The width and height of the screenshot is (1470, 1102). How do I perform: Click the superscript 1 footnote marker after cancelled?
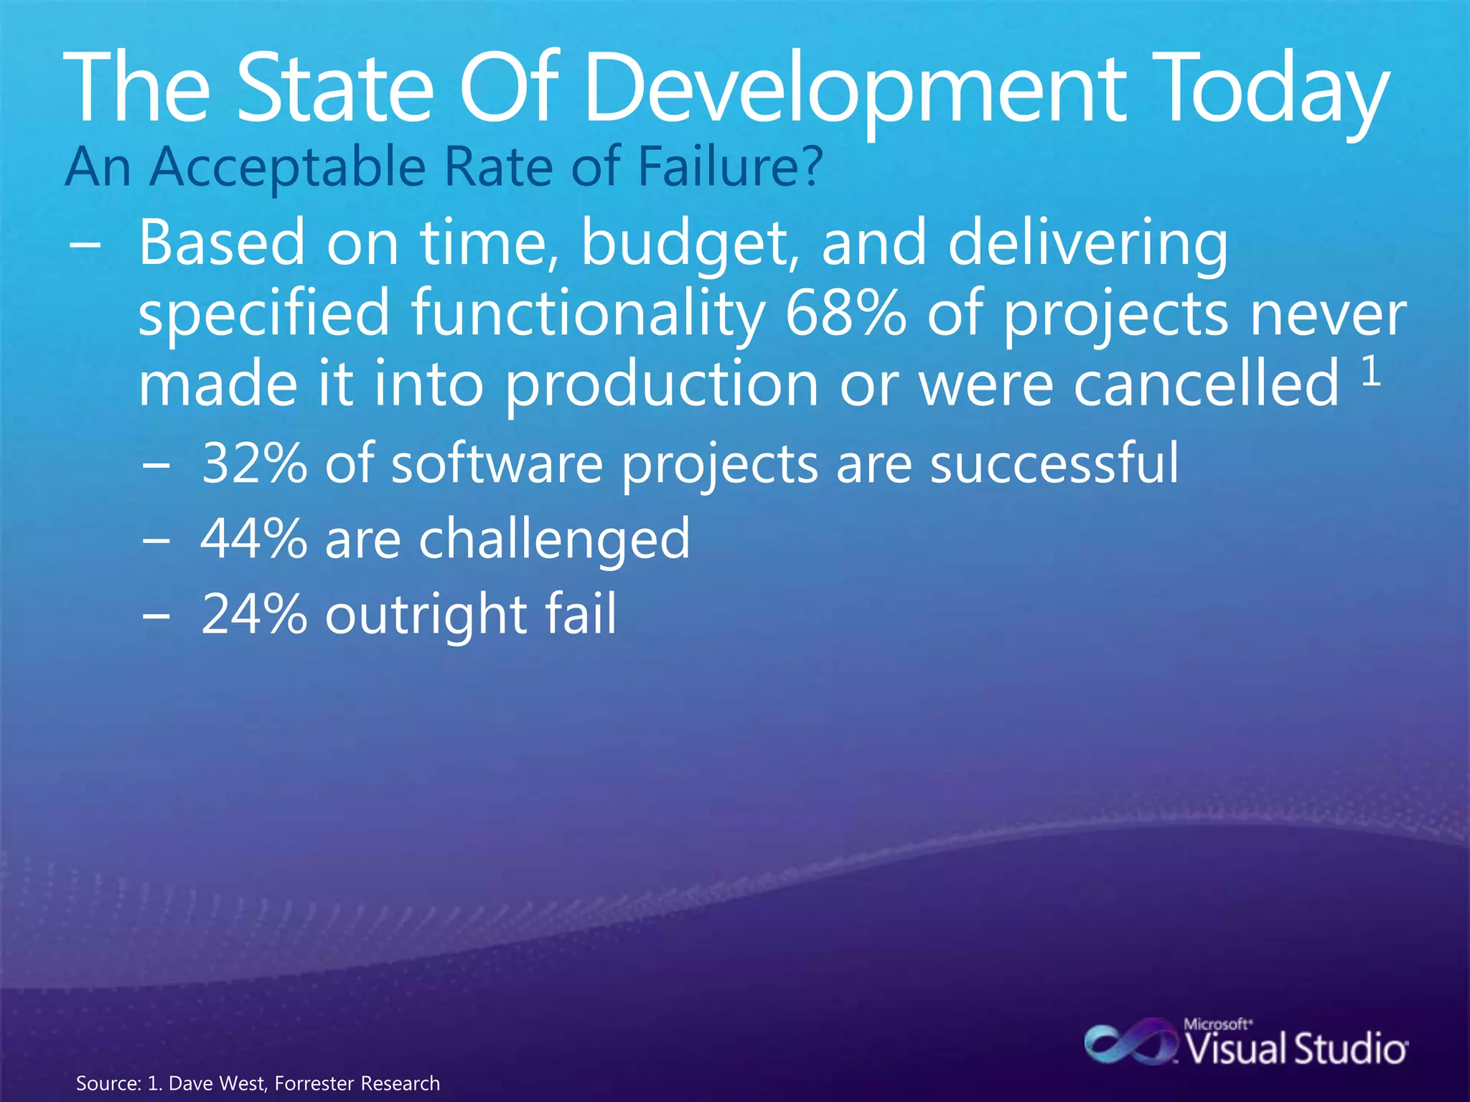click(x=1371, y=372)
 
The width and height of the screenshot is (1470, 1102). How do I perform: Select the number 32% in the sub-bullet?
click(x=254, y=463)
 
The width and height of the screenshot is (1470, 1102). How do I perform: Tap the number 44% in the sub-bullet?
click(x=254, y=539)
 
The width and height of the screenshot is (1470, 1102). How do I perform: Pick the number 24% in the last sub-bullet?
click(x=254, y=614)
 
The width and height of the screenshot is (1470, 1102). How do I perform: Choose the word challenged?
click(x=554, y=540)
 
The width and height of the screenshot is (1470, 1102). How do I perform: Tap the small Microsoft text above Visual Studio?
click(x=1217, y=1025)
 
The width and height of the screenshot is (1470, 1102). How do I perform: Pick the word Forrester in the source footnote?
click(x=314, y=1083)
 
